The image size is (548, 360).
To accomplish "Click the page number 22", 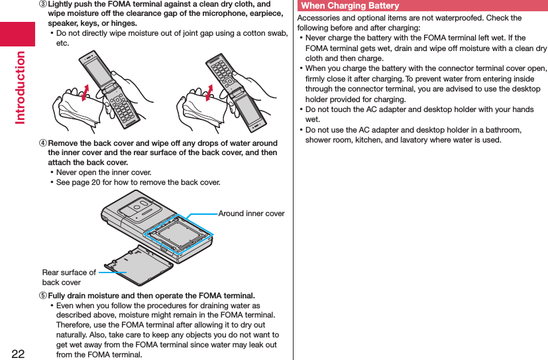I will (x=18, y=351).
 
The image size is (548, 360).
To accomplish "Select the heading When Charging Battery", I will (x=350, y=6).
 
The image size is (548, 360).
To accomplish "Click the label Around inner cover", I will (x=251, y=213).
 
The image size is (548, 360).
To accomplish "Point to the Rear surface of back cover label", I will (x=69, y=277).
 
